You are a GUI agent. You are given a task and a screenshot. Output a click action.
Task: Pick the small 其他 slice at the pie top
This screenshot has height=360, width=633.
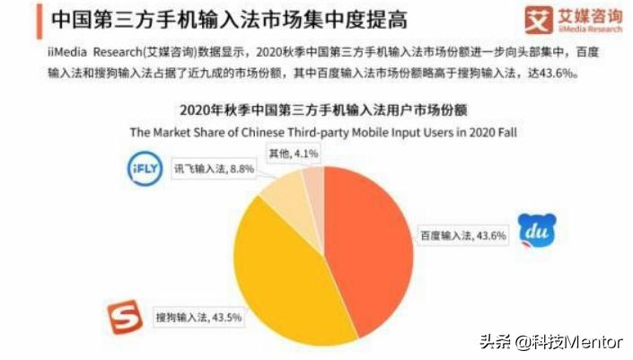pos(313,180)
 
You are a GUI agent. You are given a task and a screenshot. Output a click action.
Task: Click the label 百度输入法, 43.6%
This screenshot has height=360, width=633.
pos(463,236)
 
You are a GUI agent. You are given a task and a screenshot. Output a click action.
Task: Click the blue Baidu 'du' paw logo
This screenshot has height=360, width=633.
pos(537,232)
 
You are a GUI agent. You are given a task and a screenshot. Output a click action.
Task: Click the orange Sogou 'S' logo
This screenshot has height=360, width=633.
pos(126,317)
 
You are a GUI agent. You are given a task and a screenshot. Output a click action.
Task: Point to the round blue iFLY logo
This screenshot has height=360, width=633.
pos(144,171)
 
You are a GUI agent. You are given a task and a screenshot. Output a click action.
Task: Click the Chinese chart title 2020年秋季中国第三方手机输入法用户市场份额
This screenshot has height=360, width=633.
pos(324,110)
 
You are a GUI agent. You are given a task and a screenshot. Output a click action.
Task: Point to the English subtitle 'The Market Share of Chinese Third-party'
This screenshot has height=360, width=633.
pos(269,131)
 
